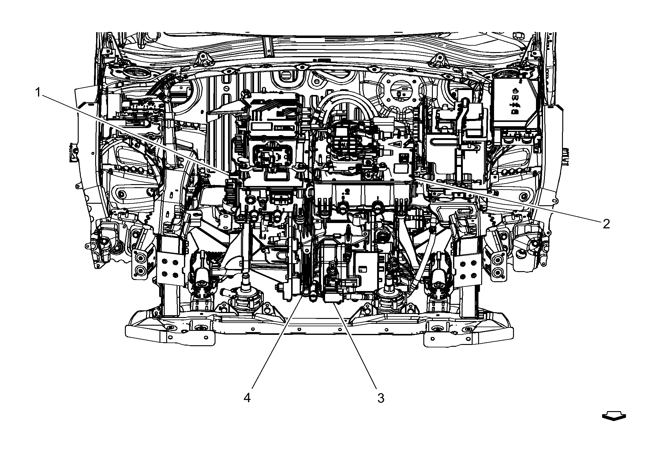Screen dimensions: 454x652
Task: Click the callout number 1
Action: pos(38,92)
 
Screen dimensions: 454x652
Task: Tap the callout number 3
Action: pos(380,398)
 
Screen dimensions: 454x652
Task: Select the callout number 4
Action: pos(247,398)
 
